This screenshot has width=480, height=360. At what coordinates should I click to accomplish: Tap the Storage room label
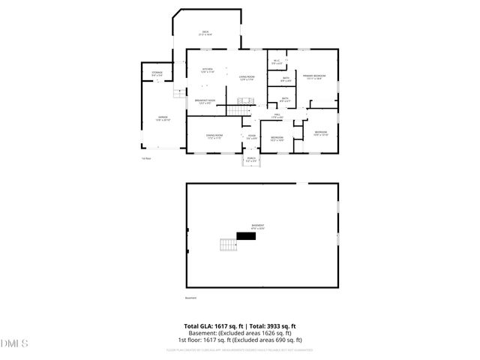coord(157,73)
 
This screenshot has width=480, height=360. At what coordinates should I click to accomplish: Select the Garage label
coord(163,118)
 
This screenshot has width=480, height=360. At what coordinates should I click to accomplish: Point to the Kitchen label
coord(207,70)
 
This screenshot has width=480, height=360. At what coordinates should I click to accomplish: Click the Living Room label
coord(247,79)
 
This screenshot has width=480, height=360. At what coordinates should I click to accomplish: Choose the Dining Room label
coord(214,136)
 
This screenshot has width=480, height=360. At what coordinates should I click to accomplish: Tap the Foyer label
coord(252,136)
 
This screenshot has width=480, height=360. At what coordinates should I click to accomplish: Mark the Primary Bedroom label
coord(313,77)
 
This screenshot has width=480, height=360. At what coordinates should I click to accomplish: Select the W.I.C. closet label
coord(276,63)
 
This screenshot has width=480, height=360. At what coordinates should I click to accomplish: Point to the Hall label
coord(276,116)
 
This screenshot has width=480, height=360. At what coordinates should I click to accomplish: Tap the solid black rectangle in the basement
coord(246,235)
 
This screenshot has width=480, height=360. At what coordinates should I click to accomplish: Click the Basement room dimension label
coord(257,226)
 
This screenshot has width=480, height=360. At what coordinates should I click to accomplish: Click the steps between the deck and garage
coord(178,93)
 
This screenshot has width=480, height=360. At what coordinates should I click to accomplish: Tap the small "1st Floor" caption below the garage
coord(147,158)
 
